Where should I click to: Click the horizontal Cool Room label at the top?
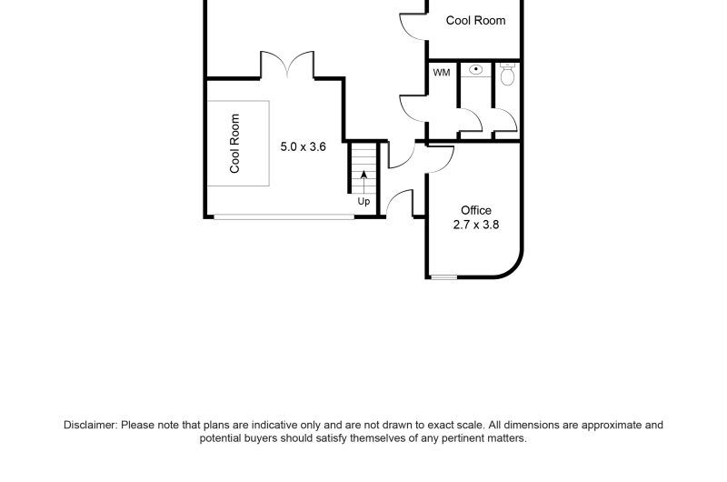(475, 20)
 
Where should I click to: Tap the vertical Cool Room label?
(234, 144)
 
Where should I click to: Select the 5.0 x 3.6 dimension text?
(304, 146)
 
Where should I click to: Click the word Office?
(476, 210)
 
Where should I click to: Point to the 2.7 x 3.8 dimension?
(476, 225)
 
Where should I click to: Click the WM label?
(442, 73)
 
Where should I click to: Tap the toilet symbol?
(508, 75)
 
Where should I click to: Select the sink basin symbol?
(475, 70)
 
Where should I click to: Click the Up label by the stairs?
(363, 202)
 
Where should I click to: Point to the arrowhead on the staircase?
(364, 175)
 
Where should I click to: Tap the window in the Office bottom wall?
(443, 277)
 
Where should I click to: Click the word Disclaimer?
(89, 425)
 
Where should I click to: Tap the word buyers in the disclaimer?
(262, 438)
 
